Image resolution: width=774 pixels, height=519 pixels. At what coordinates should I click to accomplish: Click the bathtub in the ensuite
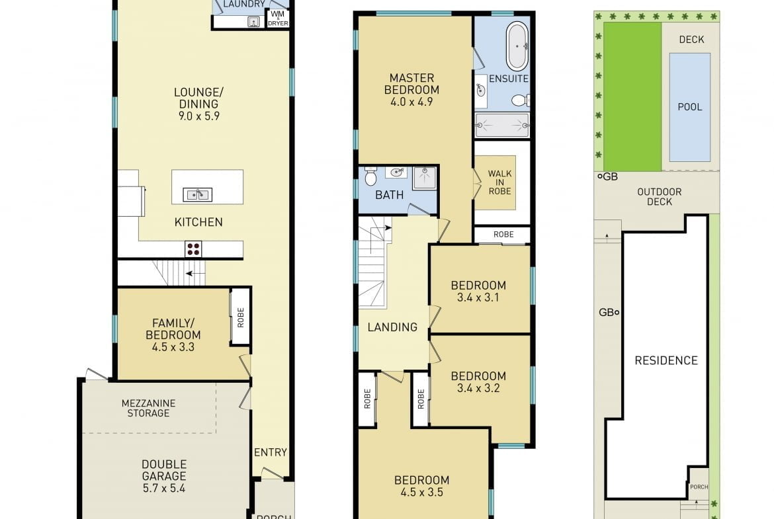click(517, 46)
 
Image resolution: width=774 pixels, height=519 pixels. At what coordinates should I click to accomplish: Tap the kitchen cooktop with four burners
click(193, 249)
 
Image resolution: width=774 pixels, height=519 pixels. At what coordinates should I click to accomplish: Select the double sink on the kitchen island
click(197, 195)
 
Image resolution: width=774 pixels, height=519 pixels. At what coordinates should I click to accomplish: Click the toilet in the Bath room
click(370, 176)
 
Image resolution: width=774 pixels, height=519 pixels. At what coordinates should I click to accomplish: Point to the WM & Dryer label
click(278, 19)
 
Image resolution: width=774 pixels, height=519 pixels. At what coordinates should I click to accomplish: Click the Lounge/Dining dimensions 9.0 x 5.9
click(199, 116)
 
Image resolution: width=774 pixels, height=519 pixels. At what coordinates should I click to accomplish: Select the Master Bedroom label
click(411, 84)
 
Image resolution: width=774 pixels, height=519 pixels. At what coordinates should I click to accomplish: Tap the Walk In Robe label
click(499, 182)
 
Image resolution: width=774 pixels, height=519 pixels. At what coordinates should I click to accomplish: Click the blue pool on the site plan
click(689, 107)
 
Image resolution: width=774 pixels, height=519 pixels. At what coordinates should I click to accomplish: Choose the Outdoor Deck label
click(660, 197)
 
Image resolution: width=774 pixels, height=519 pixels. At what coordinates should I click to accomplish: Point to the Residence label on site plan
click(666, 360)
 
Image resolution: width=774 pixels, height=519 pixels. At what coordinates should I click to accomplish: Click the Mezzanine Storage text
click(149, 408)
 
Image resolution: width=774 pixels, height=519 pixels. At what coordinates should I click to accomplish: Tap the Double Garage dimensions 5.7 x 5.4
click(164, 489)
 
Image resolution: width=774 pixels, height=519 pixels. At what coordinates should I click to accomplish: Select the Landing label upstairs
click(392, 327)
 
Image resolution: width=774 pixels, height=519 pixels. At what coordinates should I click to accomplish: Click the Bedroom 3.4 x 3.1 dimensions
click(478, 298)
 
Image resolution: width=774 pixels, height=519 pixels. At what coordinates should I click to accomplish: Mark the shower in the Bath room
click(425, 178)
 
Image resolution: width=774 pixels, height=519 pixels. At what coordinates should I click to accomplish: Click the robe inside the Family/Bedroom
click(241, 316)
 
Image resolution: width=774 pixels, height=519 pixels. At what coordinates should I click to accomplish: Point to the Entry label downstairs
click(271, 452)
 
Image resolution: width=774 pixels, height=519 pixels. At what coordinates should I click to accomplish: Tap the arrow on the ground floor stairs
click(195, 273)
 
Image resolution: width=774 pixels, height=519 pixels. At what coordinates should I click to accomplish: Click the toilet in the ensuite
click(520, 100)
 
